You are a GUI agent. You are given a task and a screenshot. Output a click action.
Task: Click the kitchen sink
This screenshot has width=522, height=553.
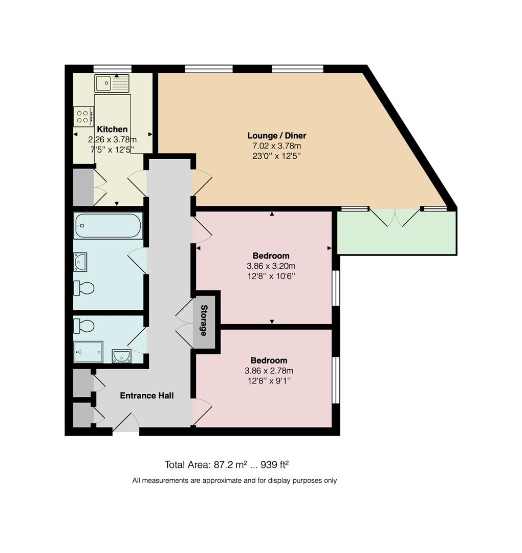[x=112, y=83]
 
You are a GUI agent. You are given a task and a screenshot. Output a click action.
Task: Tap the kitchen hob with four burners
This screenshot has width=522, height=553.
[x=83, y=116]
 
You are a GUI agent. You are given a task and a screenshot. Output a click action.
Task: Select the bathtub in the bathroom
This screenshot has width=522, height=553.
[x=107, y=226]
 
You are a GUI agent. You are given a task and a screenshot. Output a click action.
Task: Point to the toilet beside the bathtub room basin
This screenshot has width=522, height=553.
[x=84, y=288]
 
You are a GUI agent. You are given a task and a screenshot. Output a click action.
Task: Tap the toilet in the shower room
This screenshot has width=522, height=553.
[x=84, y=326]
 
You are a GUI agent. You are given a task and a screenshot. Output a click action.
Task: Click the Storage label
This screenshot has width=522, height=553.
[x=204, y=321]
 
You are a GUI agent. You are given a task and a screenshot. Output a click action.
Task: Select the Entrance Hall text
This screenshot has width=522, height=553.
[x=146, y=395]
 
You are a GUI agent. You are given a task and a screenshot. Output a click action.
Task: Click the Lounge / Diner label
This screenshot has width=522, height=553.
[x=276, y=136]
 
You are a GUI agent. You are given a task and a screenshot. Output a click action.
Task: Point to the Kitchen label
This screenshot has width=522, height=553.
[x=112, y=130]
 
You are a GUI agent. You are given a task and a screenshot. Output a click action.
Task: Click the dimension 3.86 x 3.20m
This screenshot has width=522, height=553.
[x=271, y=266]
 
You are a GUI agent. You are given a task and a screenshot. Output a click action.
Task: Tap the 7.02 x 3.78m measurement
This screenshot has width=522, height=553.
[x=276, y=146]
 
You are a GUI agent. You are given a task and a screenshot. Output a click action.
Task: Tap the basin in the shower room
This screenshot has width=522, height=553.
[x=121, y=356]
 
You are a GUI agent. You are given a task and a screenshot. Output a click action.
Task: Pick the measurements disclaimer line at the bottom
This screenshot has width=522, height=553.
[x=234, y=480]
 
